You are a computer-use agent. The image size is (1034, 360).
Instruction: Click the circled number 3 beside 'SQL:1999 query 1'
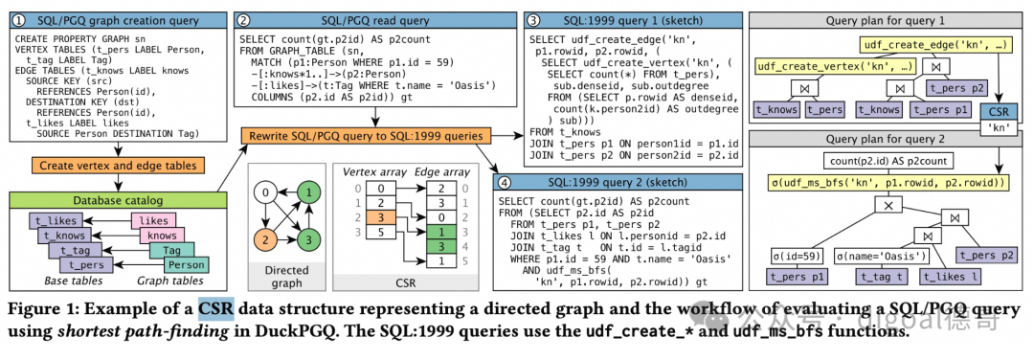pos(531,20)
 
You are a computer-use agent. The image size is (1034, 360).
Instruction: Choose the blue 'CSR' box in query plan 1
pos(999,112)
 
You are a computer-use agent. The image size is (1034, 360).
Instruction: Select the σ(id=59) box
pos(794,256)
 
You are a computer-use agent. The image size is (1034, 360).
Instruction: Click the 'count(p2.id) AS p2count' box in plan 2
pos(886,160)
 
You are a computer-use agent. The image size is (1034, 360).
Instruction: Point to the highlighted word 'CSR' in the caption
pos(217,308)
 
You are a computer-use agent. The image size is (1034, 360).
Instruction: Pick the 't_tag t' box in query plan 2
pos(877,277)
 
